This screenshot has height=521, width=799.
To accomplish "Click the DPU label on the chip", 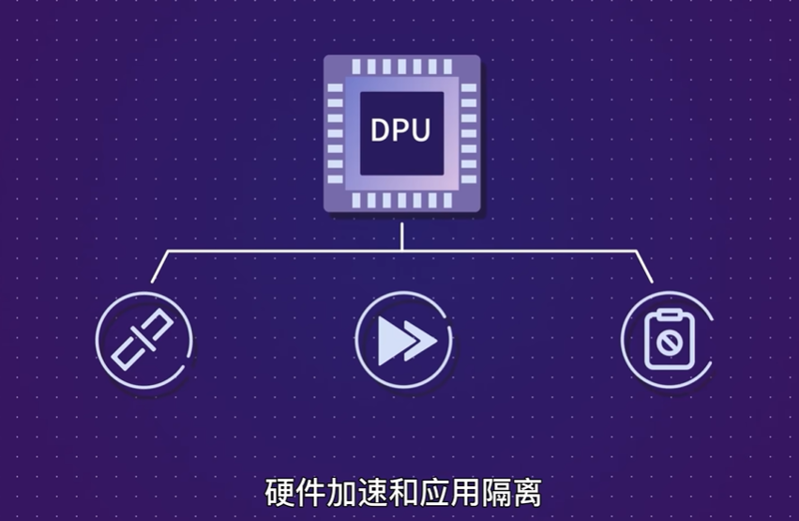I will pos(401,130).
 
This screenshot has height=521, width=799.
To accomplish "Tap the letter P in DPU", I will pos(402,130).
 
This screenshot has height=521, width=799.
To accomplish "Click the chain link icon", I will pos(143,339).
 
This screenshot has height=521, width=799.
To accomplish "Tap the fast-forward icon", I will pos(402,339).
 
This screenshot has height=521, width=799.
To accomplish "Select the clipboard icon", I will pos(667,339).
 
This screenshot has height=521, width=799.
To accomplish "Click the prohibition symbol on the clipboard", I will pos(668,345).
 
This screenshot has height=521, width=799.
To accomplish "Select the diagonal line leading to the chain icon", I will pos(159,267).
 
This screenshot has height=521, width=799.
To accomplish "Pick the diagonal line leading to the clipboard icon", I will pos(645,267).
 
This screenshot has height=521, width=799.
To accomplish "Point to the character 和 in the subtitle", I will pos(387,493).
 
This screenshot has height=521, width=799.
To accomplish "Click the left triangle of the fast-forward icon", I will pos(391,340).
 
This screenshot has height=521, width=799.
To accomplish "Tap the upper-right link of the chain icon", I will pos(158,326).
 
